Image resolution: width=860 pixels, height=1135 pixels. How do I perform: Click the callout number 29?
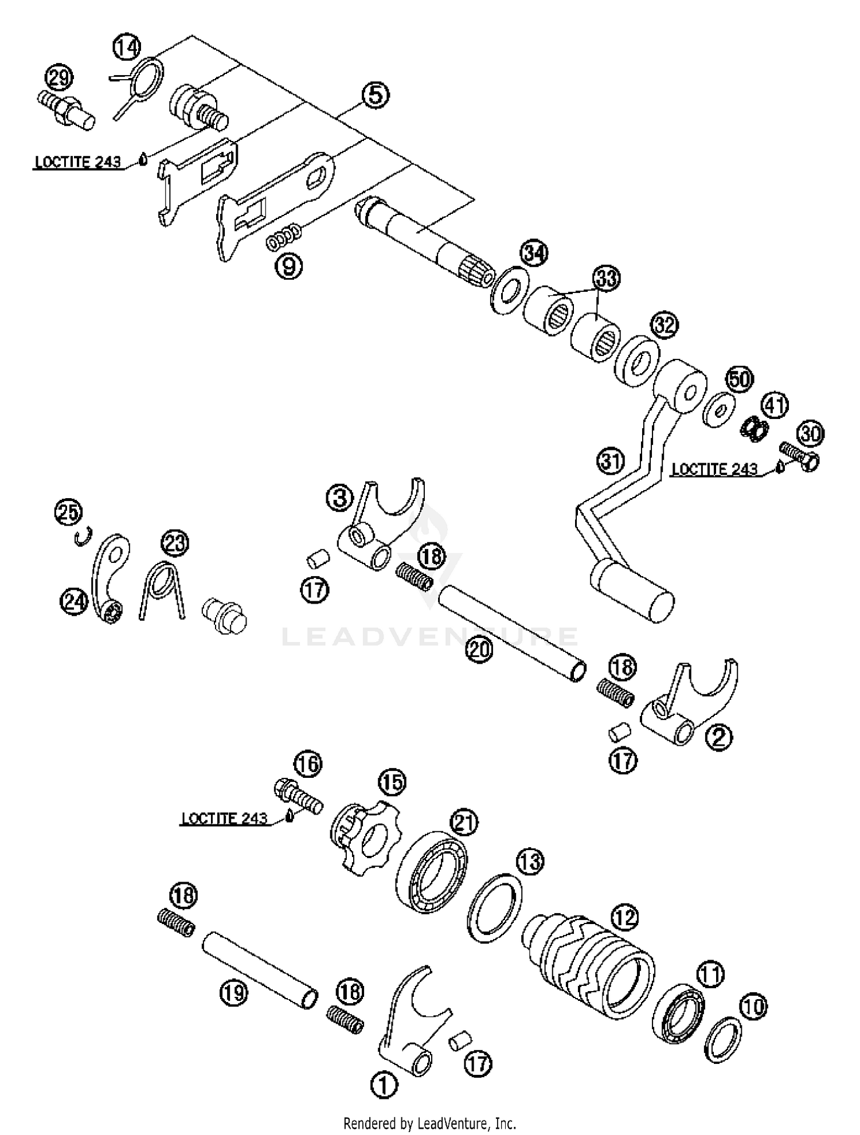(x=60, y=78)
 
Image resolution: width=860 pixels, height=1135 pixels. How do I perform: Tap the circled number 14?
(x=127, y=48)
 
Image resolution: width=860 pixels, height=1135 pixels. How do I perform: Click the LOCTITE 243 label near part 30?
(x=714, y=469)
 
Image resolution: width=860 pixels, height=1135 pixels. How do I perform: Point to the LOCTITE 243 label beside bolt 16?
(x=224, y=818)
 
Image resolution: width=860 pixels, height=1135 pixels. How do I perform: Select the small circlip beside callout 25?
(x=83, y=538)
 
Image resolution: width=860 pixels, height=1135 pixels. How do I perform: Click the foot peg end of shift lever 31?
(x=634, y=590)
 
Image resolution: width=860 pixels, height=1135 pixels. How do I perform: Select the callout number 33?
(x=607, y=279)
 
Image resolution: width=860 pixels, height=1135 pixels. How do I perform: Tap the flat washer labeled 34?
(x=510, y=290)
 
